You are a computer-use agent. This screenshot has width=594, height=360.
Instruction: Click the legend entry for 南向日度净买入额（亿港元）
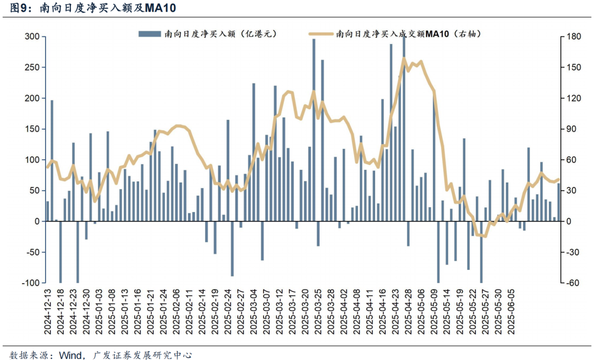207,34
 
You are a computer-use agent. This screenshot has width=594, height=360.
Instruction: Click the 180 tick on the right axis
573,37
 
